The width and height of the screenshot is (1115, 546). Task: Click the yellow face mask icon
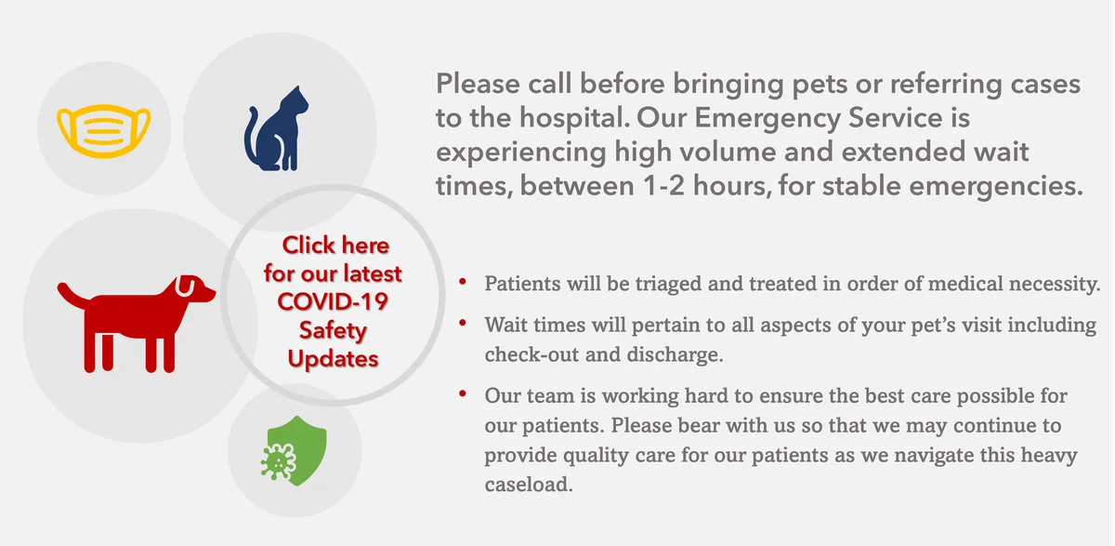click(x=103, y=131)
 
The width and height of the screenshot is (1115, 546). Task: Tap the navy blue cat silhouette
click(x=276, y=128)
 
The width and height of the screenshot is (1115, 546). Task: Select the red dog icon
click(x=137, y=324)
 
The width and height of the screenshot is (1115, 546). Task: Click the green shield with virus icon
click(x=295, y=451)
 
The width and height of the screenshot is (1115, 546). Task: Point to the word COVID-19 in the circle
click(x=333, y=302)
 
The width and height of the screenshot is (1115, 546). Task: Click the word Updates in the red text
click(x=333, y=359)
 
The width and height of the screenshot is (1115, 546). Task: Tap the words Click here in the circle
click(x=335, y=246)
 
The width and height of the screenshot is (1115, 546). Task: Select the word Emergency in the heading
click(x=767, y=118)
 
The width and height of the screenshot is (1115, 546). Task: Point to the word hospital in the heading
click(x=575, y=117)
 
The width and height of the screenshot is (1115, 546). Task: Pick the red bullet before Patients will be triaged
click(x=463, y=282)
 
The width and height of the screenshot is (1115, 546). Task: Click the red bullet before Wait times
click(x=463, y=323)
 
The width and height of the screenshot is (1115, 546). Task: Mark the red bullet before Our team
click(x=463, y=394)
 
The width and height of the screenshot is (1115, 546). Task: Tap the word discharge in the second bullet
click(x=675, y=354)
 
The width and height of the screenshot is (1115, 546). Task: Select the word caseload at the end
click(x=529, y=485)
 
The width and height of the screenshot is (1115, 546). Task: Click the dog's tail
click(x=73, y=294)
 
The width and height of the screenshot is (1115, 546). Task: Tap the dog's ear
click(x=184, y=286)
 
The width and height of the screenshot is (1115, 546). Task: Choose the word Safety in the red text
click(x=333, y=330)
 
